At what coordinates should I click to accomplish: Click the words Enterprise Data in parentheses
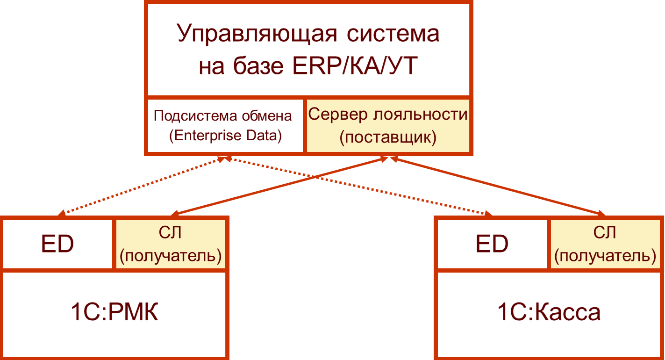tap(225, 136)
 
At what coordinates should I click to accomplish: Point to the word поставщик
tap(387, 137)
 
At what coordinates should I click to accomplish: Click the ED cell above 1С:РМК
tap(57, 244)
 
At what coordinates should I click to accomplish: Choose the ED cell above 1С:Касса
tap(492, 244)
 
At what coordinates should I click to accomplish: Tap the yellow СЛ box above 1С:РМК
tap(171, 244)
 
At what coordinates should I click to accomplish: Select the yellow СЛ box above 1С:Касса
tap(605, 244)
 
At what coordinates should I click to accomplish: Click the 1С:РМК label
tap(114, 313)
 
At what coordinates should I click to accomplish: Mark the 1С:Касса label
tap(549, 313)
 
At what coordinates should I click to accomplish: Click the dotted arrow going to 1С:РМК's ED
tap(140, 187)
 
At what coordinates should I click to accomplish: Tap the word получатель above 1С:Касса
tap(605, 255)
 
